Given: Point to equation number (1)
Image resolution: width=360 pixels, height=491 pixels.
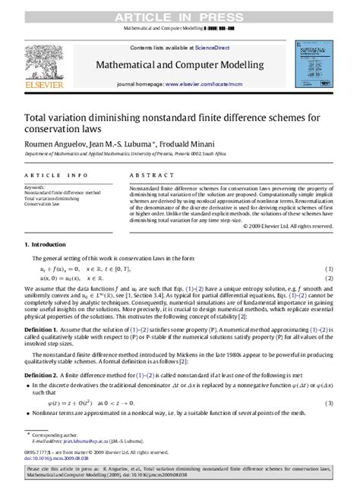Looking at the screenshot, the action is pyautogui.click(x=330, y=269).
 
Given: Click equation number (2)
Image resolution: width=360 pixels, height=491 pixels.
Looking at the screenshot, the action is pyautogui.click(x=330, y=279).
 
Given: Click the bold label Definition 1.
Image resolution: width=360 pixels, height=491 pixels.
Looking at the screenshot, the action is pyautogui.click(x=43, y=333).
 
